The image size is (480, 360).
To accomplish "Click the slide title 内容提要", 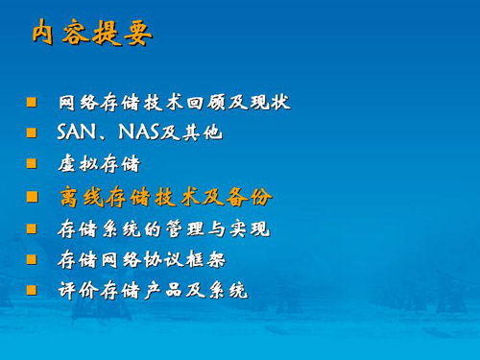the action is coord(92,33).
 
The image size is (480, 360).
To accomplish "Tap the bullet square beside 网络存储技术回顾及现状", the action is coord(32,103).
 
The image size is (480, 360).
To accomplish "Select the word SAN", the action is coord(77,132).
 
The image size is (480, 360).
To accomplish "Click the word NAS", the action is coord(138,132).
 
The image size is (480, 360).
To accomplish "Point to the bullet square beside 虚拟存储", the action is coord(32,163).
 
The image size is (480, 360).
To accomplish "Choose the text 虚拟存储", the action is coord(99,164).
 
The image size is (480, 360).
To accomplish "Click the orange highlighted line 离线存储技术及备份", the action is coord(166,197).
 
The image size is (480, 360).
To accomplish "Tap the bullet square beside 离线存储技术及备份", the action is coord(32,197).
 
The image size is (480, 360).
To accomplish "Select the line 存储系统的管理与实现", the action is coord(163,229).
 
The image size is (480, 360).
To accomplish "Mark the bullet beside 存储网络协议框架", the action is coord(32,259).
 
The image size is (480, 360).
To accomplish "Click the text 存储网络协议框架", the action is coord(141,259).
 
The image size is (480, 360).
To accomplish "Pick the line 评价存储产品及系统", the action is coord(153,291).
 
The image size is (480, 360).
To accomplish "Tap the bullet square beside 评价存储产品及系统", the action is coord(32,290).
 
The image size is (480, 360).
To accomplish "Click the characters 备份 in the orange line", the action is coord(250,197).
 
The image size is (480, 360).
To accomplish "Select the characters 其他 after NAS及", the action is coord(203,132).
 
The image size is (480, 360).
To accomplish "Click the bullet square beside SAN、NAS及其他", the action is coord(32,132).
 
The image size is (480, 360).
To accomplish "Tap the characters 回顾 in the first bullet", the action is coord(205,103).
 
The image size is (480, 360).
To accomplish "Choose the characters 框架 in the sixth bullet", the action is coord(205,259).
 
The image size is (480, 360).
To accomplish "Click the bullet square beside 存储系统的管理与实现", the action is coord(32,228).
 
